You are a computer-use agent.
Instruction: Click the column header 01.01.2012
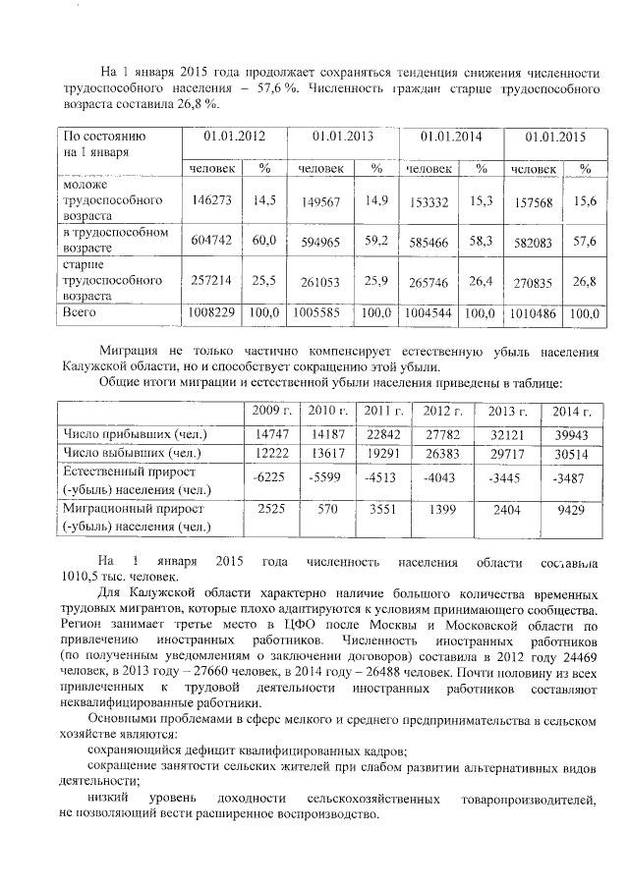click(232, 137)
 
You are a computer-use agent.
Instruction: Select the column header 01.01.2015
click(555, 138)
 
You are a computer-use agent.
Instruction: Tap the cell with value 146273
click(210, 198)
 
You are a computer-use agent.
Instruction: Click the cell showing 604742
click(210, 240)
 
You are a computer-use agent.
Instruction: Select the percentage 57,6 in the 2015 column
click(586, 240)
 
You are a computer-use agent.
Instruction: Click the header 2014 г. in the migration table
click(570, 411)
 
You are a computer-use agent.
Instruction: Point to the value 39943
click(571, 433)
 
